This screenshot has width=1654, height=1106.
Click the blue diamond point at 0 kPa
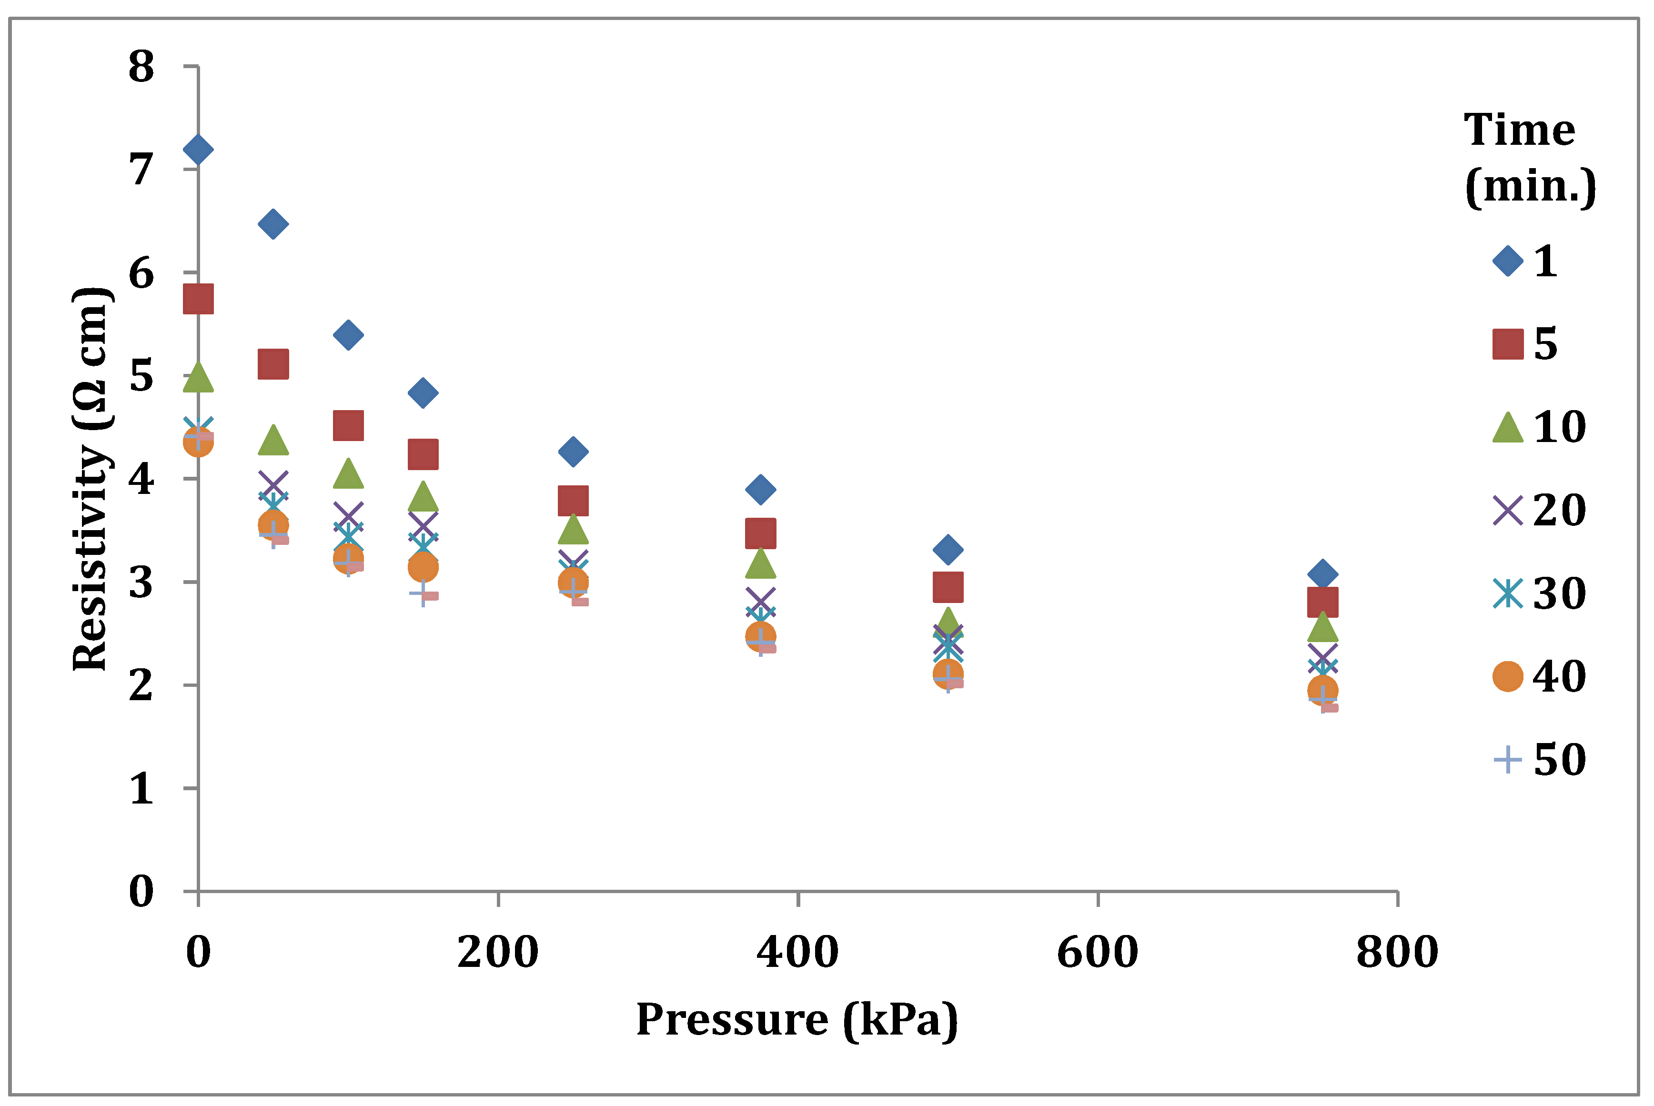[x=198, y=150]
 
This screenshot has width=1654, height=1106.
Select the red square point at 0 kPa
[x=198, y=299]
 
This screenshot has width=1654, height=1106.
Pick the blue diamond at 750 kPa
[x=1322, y=574]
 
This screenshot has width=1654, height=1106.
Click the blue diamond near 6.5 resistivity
[x=273, y=224]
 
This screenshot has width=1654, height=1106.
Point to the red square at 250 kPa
[x=573, y=501]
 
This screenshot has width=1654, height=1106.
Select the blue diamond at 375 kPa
[x=760, y=489]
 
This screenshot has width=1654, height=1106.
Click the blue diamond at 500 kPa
[x=948, y=550]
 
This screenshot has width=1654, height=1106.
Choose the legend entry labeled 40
[x=1538, y=676]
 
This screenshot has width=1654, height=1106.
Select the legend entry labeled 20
[x=1538, y=511]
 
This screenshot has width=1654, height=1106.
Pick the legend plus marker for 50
[x=1508, y=760]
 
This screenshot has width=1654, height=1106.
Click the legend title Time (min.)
[x=1529, y=158]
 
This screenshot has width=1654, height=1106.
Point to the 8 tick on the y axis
[x=141, y=67]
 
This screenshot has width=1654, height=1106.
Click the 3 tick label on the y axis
[x=141, y=583]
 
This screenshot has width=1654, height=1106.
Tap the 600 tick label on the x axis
[x=1098, y=952]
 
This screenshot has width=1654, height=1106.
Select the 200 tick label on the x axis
[x=498, y=952]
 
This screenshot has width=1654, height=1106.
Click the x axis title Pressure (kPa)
[x=797, y=1020]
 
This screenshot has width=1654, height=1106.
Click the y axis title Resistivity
[x=91, y=480]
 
